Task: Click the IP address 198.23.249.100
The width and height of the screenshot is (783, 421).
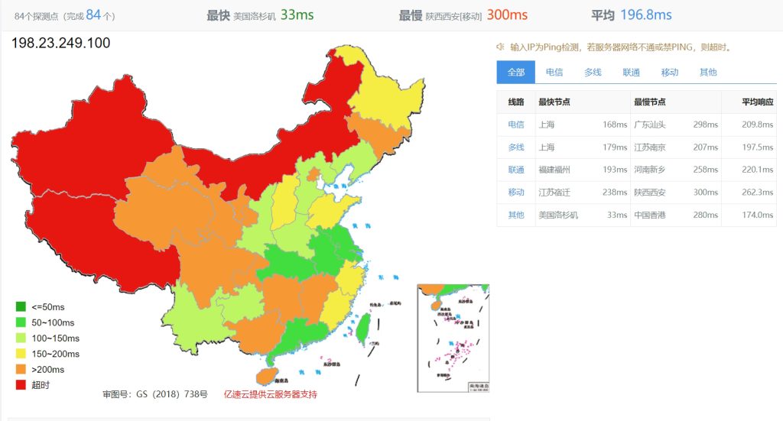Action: pyautogui.click(x=61, y=43)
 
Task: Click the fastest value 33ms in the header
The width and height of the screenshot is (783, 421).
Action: pyautogui.click(x=297, y=15)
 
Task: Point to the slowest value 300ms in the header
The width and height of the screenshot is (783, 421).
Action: pyautogui.click(x=507, y=15)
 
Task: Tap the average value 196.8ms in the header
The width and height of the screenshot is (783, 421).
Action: pyautogui.click(x=645, y=15)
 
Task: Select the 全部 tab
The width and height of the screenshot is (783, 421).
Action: pyautogui.click(x=515, y=73)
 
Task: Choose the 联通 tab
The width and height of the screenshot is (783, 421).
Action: pyautogui.click(x=631, y=73)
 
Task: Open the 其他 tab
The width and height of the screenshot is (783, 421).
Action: pyautogui.click(x=708, y=73)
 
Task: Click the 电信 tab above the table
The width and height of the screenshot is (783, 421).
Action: pyautogui.click(x=554, y=73)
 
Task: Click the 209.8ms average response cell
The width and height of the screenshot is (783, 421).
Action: pyautogui.click(x=757, y=125)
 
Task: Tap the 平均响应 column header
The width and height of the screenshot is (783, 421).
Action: pyautogui.click(x=757, y=102)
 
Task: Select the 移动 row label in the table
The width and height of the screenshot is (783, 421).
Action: pyautogui.click(x=516, y=193)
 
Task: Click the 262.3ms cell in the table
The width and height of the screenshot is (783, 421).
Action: pyautogui.click(x=757, y=193)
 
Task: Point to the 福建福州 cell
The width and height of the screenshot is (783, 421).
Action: pyautogui.click(x=554, y=170)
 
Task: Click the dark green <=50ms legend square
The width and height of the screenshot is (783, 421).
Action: pyautogui.click(x=21, y=307)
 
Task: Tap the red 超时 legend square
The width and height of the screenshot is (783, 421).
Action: pyautogui.click(x=21, y=385)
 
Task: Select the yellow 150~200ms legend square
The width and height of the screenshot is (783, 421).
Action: pyautogui.click(x=21, y=354)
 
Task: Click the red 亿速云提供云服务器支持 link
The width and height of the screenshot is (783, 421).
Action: pyautogui.click(x=270, y=394)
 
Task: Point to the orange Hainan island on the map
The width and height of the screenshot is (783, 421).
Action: pyautogui.click(x=264, y=376)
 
